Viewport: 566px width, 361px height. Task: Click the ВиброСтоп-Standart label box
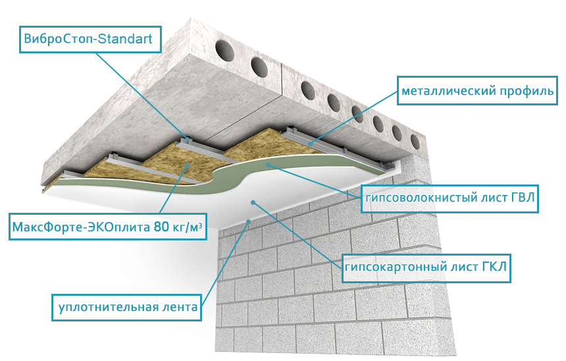[x=90, y=40]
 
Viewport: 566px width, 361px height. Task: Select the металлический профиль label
[x=477, y=91]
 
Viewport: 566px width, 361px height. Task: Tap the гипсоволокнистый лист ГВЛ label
[x=450, y=198]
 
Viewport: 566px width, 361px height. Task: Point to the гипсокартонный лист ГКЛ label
[x=426, y=267]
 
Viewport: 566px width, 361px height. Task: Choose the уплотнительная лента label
[x=127, y=308]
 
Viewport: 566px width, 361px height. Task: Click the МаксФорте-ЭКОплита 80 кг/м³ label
[x=107, y=227]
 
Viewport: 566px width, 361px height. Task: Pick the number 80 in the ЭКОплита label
[x=161, y=227]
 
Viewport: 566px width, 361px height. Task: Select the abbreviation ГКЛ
[x=494, y=267]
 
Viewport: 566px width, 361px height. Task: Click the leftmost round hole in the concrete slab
[x=224, y=51]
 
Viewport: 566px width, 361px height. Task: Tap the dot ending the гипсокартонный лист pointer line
[x=253, y=203]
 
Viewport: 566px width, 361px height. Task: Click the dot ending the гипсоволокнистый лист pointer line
[x=268, y=165]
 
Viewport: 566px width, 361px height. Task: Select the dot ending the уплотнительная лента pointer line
[x=248, y=221]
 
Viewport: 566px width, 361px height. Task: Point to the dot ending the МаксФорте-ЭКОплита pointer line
[x=188, y=165]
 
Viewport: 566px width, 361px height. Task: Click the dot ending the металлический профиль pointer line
[x=310, y=144]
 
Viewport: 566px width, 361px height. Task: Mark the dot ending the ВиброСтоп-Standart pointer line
[x=188, y=138]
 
